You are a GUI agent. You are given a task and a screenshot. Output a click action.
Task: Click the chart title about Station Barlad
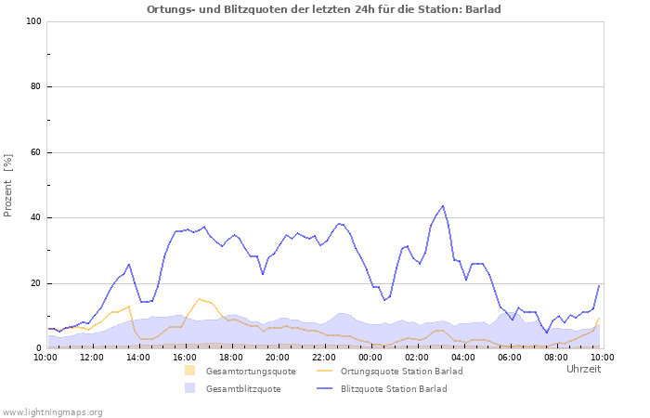coord(324,9)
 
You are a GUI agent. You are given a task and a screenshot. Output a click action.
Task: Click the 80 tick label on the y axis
coord(36,87)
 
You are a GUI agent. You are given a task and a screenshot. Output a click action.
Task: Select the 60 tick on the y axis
coord(36,152)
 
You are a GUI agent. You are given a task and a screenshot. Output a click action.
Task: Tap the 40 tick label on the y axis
coord(36,218)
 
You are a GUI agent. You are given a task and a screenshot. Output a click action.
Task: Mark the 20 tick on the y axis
coord(36,283)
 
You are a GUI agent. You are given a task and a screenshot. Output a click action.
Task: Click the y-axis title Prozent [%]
coord(9,186)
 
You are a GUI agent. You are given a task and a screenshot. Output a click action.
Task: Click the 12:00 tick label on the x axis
coord(92,357)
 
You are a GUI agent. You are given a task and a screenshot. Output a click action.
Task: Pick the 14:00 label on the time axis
coord(138,357)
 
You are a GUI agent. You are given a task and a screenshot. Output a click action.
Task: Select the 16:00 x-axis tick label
coord(185,357)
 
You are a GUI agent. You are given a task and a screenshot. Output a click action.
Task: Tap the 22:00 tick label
coord(324,357)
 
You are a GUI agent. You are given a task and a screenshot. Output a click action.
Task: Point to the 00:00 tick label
coord(370,357)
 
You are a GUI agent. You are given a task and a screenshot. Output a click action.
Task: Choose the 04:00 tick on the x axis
coord(463,357)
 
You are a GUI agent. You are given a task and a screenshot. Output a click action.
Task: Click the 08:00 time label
coord(556,357)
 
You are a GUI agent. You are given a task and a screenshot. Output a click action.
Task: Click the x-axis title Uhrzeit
coord(583,370)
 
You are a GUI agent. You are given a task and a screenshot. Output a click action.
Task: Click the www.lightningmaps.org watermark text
coord(53,411)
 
